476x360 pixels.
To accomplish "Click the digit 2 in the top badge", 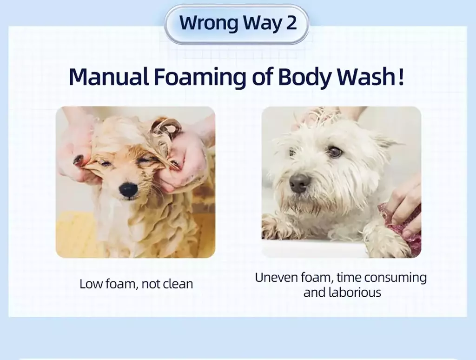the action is tap(291, 22).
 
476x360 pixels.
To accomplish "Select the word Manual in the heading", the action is tap(109, 77).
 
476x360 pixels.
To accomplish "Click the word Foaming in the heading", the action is tap(199, 78).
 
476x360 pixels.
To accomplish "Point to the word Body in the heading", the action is tap(304, 78).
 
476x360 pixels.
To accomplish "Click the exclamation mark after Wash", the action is tap(401, 76).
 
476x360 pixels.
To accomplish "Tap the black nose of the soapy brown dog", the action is tap(128, 190).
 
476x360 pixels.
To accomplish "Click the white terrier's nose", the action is tap(300, 183).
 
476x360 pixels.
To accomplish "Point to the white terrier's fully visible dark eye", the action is tap(335, 151).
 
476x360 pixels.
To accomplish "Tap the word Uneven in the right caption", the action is tap(276, 277).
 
